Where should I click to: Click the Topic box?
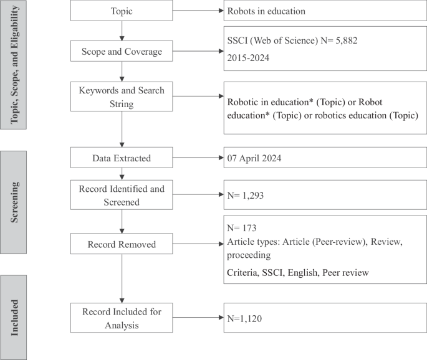122,11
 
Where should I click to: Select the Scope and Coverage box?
122,52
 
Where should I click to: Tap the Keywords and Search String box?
122,97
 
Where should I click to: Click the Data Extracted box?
122,158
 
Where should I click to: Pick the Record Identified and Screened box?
122,195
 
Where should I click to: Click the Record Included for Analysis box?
122,318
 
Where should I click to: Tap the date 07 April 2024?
254,158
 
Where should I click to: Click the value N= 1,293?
247,195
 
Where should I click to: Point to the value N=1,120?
246,318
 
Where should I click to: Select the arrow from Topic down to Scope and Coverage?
122,31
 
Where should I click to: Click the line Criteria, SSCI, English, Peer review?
298,272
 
